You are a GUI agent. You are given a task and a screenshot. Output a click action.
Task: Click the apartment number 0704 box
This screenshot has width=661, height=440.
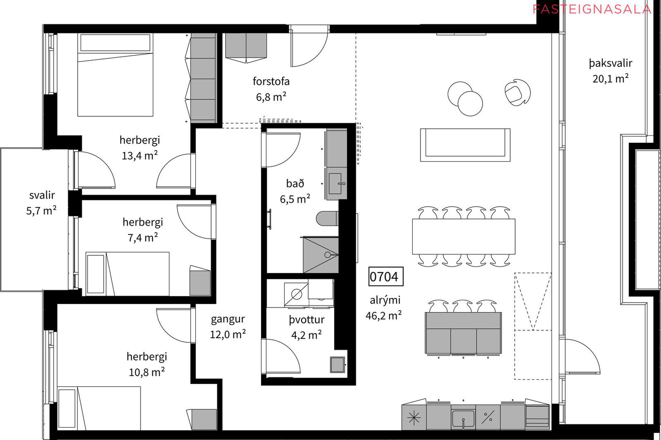point(386,276)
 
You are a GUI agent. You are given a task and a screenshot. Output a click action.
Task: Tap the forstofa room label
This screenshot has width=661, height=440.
point(271,81)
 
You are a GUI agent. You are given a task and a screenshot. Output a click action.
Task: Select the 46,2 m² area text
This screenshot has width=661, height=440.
point(384,315)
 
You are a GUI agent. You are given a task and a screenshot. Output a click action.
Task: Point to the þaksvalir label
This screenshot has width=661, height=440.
point(610,63)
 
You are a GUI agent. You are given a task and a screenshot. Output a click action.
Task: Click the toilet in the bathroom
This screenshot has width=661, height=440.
point(327,219)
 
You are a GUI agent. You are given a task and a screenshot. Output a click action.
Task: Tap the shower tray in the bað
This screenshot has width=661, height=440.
point(321,255)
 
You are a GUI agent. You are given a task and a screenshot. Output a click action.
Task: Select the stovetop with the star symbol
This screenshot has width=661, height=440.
point(414,418)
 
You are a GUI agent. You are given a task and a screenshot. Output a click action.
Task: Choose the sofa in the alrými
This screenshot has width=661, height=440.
point(465,145)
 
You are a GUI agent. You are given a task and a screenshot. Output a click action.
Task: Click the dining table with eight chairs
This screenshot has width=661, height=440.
point(464,236)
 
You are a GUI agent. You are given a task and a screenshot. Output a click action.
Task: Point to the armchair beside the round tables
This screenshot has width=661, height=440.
point(517,92)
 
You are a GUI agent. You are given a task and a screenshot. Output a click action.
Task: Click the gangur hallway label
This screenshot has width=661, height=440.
point(228,319)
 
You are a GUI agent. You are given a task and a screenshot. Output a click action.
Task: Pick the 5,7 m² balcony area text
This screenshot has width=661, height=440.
point(41,210)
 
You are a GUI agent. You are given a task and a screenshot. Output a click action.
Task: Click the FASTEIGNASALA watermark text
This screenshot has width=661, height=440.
point(592,9)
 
